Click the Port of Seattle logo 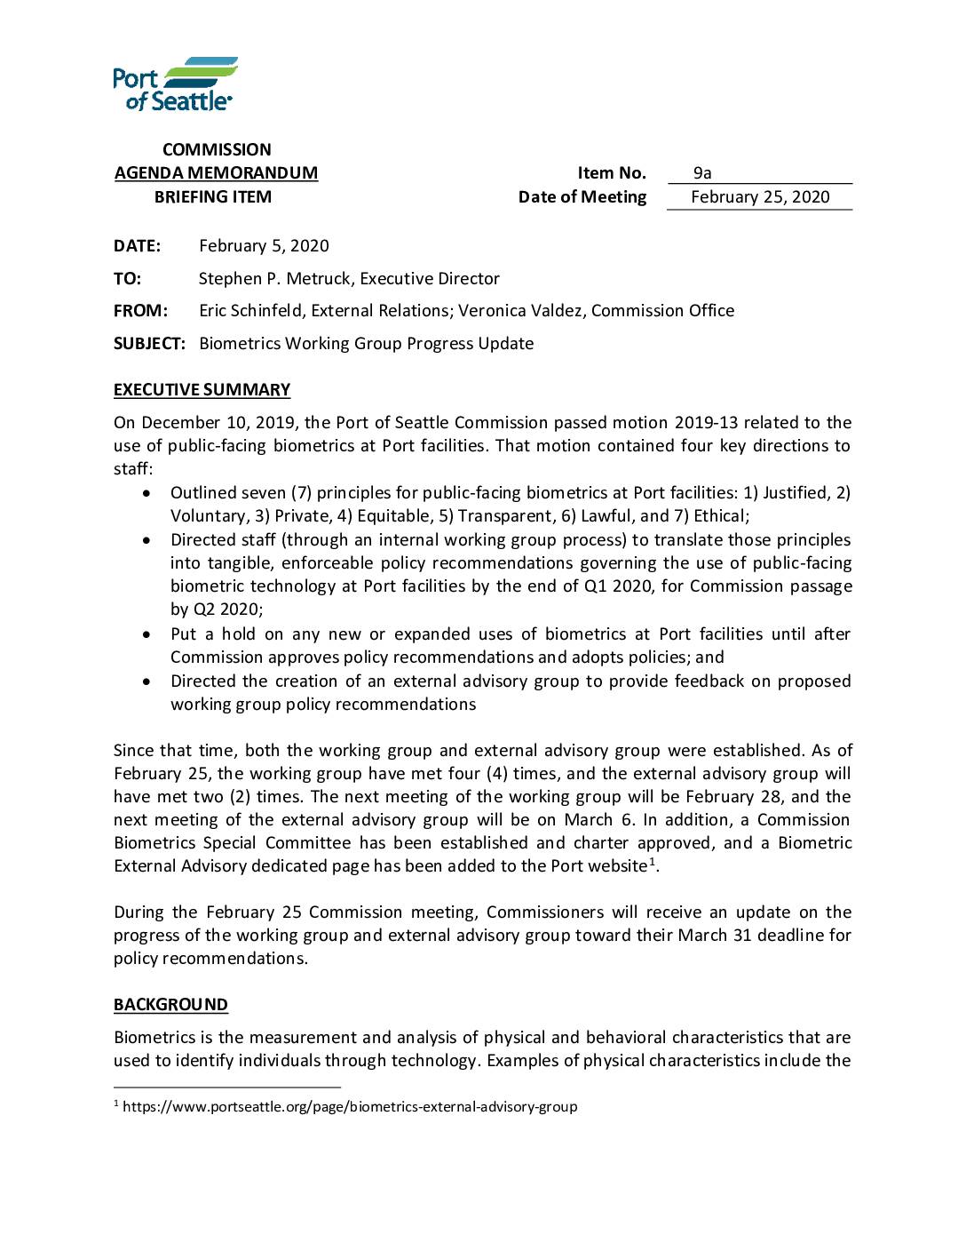(x=174, y=84)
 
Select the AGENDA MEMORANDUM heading (x=216, y=173)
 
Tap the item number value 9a (x=702, y=173)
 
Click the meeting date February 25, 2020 (x=760, y=197)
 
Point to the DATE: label (x=137, y=246)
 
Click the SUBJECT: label (x=149, y=344)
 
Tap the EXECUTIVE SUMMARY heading (x=202, y=390)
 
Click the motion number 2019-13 (x=706, y=423)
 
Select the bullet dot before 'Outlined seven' (x=146, y=493)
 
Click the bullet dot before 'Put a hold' (x=146, y=634)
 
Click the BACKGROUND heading (x=170, y=1005)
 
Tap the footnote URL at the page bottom (x=350, y=1107)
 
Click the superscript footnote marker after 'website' (x=652, y=862)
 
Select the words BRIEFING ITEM (x=213, y=197)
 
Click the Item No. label (x=611, y=173)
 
